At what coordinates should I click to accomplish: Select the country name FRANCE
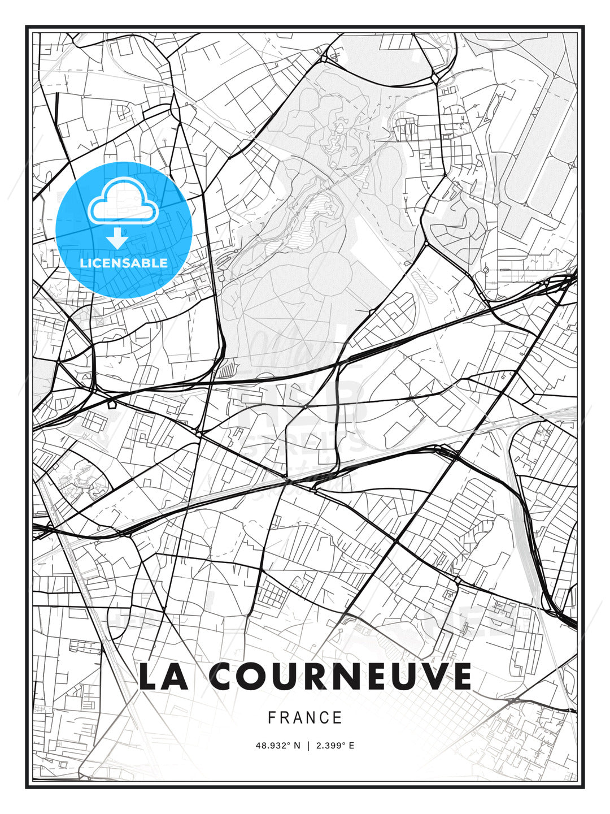click(x=305, y=718)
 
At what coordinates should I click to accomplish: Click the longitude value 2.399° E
click(x=336, y=746)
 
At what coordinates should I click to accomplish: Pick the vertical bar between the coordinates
click(x=308, y=746)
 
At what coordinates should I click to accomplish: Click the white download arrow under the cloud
click(x=117, y=238)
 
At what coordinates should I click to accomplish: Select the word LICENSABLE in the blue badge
click(x=124, y=263)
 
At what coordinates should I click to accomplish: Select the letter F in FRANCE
click(x=272, y=718)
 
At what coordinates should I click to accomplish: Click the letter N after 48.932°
click(x=296, y=746)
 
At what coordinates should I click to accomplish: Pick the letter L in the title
click(x=148, y=677)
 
